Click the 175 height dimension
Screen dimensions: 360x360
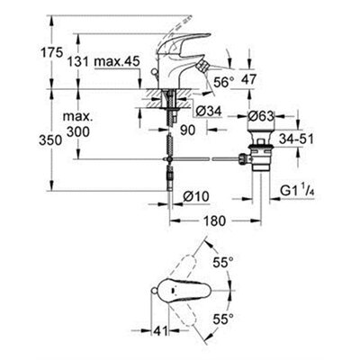coord(51,53)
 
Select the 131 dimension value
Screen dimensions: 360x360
coord(78,62)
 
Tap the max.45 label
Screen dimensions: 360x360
coord(117,61)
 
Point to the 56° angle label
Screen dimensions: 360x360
coord(224,82)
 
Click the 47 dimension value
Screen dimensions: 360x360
coord(248,79)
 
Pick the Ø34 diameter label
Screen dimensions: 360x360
coord(209,112)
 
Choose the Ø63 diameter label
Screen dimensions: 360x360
coord(261,116)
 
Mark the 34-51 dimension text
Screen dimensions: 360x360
coord(296,139)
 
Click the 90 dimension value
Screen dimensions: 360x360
coord(188,130)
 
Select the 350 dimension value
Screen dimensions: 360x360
coord(50,140)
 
